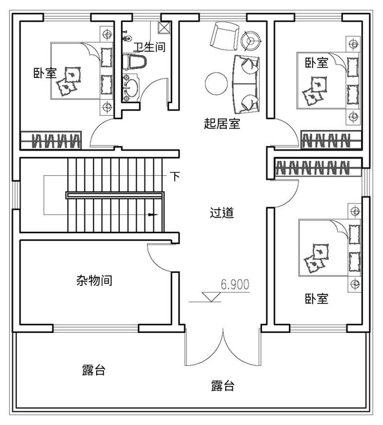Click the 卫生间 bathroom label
(x=149, y=47)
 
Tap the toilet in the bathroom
(x=134, y=62)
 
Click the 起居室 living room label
(x=222, y=124)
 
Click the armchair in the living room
(x=224, y=36)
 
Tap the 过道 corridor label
(x=222, y=213)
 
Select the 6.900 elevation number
(x=235, y=285)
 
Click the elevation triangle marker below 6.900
(x=212, y=297)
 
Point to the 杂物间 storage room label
(x=94, y=280)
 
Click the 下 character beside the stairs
(x=175, y=177)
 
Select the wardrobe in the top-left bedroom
(x=50, y=140)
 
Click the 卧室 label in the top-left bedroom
(x=45, y=73)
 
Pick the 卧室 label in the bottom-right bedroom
(x=316, y=298)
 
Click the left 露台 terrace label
(x=94, y=370)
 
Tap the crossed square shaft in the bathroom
(x=165, y=27)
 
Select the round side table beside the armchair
(x=251, y=41)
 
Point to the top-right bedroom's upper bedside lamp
(x=353, y=44)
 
